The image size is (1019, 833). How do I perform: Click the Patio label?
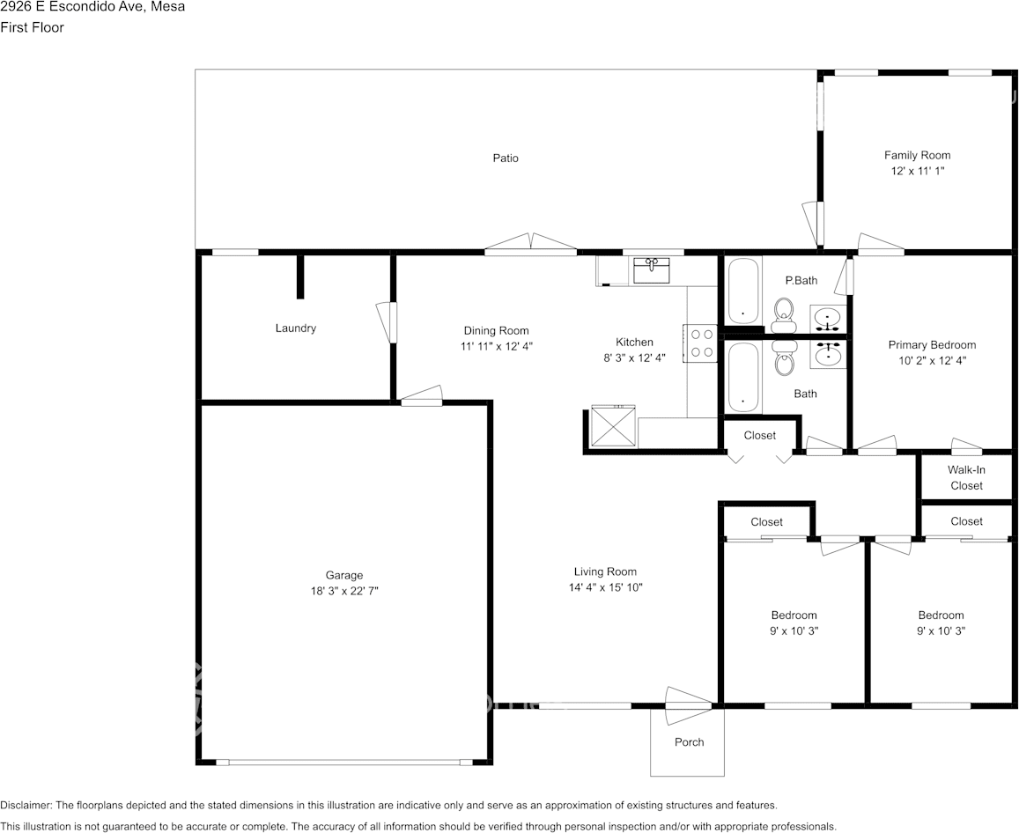(505, 158)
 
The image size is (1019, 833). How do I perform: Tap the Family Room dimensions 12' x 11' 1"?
(917, 171)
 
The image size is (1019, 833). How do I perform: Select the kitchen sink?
(651, 270)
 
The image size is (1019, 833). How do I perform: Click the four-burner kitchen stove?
(700, 343)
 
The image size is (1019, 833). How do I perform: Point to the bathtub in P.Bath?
(742, 291)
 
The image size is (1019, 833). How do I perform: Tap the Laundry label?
(296, 328)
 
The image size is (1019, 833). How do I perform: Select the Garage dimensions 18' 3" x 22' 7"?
(344, 591)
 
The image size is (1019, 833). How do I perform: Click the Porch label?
(689, 742)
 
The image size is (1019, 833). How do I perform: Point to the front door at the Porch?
(688, 705)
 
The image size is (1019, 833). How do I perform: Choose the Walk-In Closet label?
(966, 477)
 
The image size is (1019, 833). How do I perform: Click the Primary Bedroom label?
(932, 345)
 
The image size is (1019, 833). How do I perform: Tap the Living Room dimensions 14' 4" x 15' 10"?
(605, 587)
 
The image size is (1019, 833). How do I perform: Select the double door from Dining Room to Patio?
(531, 241)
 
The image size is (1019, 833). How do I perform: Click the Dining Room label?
(496, 331)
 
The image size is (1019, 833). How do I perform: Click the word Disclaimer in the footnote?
(26, 806)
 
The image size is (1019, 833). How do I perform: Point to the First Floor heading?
(32, 28)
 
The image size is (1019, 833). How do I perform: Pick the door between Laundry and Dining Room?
(386, 322)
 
